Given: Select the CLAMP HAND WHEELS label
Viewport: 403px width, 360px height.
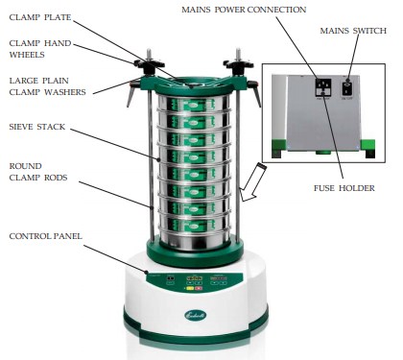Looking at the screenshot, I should click(37, 49).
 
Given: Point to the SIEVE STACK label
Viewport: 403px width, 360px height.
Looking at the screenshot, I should click(37, 125).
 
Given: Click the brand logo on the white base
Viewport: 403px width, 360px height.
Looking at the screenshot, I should click(196, 316).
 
